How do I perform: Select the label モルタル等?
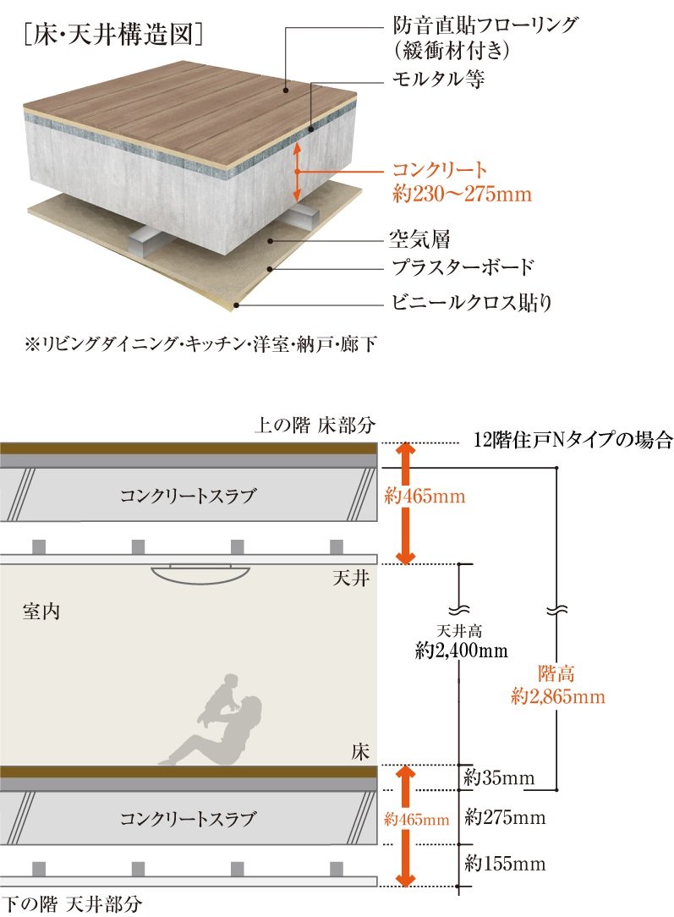pos(438,80)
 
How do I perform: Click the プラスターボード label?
pos(463,268)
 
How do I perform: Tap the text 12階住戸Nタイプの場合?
pos(573,440)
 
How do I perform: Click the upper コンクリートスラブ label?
pos(187,497)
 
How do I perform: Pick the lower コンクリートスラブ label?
pos(187,819)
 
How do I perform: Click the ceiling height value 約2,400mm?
pos(461,651)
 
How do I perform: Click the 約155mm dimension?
pos(505,864)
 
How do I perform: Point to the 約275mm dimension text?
pos(505,818)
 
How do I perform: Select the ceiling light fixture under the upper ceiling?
pos(201,573)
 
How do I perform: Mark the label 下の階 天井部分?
pos(72,903)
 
